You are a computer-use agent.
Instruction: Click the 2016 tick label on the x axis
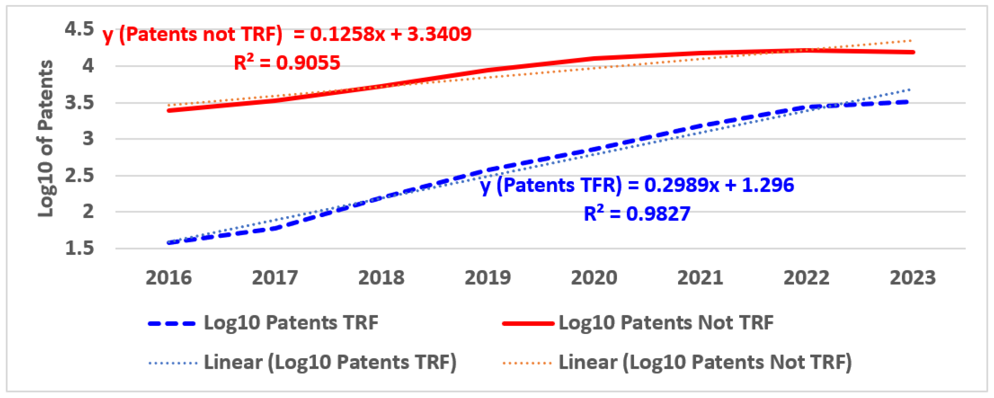coord(168,278)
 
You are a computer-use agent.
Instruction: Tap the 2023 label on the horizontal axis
coord(913,278)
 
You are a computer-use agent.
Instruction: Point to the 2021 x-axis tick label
coord(700,278)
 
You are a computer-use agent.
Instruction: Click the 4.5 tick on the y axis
coord(79,29)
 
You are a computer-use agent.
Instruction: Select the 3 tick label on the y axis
coord(88,139)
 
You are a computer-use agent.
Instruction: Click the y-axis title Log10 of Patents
coord(46,139)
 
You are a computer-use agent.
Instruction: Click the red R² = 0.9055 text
coord(287,62)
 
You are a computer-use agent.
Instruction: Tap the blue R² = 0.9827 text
coord(637,214)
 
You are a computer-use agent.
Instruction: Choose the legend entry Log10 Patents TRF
coord(291,323)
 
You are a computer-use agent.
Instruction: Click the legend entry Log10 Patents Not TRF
coord(666,323)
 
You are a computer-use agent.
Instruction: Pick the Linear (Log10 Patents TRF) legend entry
coord(330,363)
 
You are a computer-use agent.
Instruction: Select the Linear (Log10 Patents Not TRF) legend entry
coord(705,363)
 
